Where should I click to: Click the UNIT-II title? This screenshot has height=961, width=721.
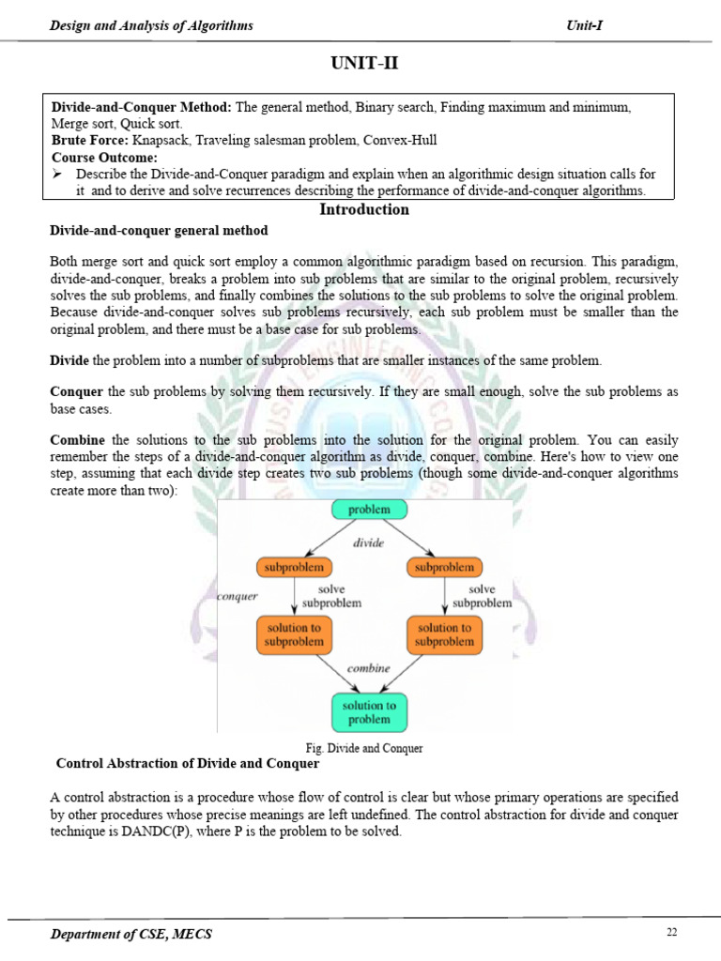(x=364, y=65)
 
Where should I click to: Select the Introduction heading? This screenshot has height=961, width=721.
(x=364, y=209)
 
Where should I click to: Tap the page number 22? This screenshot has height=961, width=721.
(x=671, y=932)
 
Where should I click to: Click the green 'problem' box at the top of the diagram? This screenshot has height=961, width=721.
(x=368, y=510)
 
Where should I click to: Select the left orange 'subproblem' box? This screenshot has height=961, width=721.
(x=294, y=567)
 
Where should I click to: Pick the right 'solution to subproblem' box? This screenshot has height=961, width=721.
(x=444, y=634)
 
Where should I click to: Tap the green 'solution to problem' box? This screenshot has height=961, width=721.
(x=368, y=711)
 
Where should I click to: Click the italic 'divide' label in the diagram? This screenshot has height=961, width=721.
(x=368, y=542)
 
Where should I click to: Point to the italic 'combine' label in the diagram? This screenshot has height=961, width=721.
(x=368, y=667)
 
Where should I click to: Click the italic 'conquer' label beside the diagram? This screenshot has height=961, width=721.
(x=237, y=595)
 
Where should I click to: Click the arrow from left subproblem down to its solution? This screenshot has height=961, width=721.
(x=294, y=595)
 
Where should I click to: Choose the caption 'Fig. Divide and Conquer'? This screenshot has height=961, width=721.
(x=364, y=748)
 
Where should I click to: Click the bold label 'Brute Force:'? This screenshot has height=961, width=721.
(x=90, y=140)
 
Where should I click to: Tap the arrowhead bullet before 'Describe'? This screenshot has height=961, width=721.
(x=57, y=175)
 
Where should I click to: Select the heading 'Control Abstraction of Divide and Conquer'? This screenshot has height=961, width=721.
(x=188, y=763)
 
